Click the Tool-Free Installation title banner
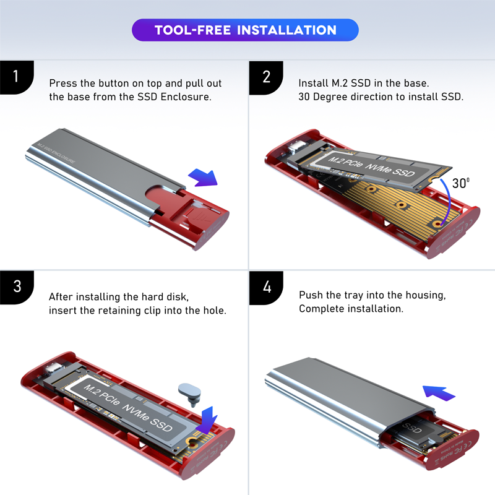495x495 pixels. [245, 30]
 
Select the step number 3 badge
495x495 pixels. [16, 286]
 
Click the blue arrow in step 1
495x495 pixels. [203, 178]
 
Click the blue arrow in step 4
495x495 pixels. [439, 391]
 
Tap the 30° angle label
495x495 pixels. [460, 183]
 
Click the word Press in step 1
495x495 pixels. [63, 83]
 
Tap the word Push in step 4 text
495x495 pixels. [311, 295]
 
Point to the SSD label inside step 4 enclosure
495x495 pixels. [412, 430]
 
